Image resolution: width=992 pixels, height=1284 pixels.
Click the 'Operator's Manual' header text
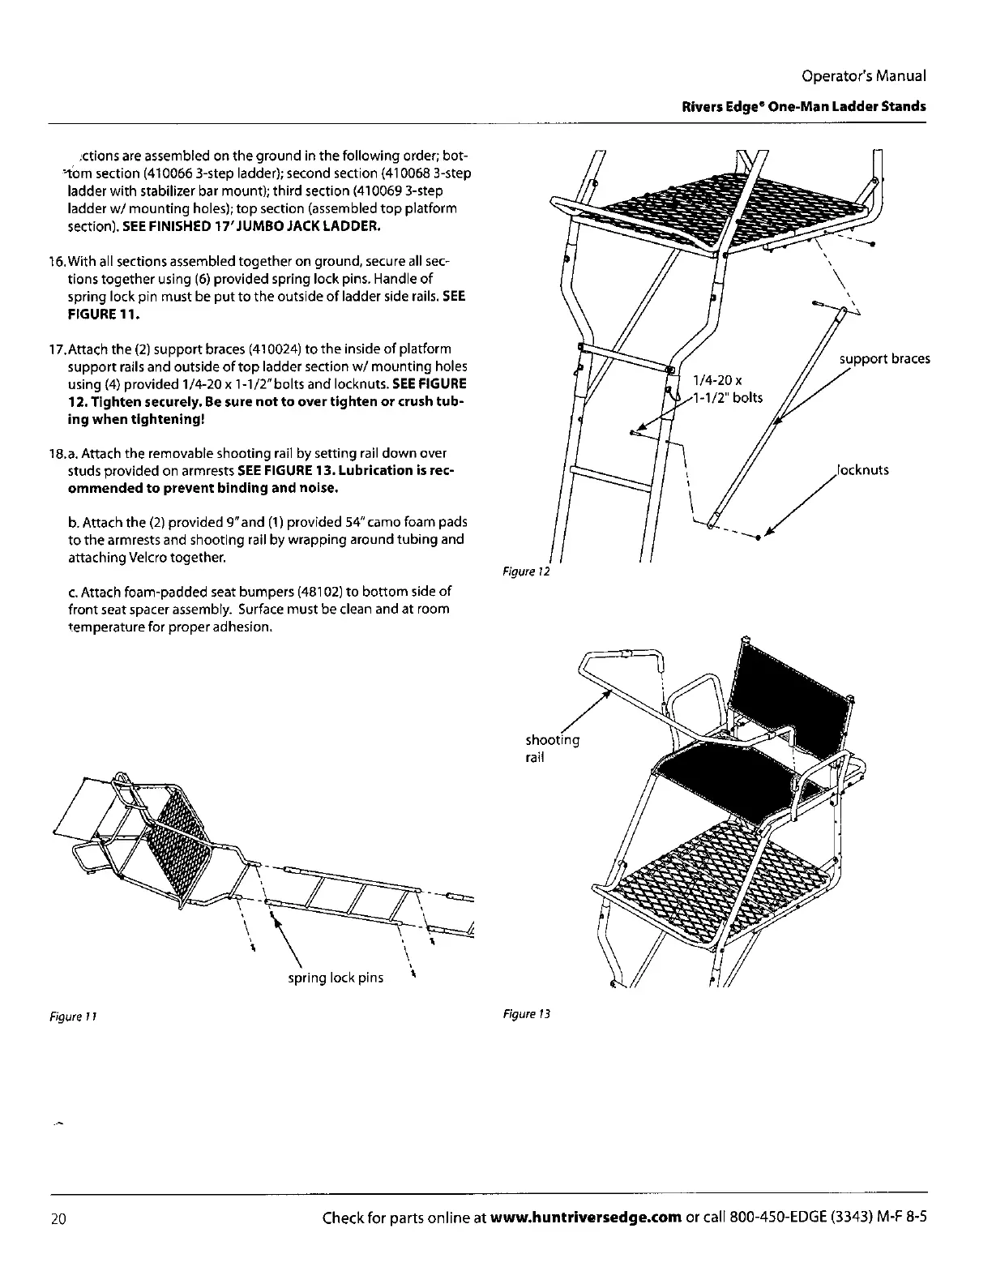862,75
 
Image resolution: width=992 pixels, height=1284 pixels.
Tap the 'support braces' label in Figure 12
884,359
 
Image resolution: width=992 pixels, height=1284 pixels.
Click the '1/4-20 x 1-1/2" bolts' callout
726,389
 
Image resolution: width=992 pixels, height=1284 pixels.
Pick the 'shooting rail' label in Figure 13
552,748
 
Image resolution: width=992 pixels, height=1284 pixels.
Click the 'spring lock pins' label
336,978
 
